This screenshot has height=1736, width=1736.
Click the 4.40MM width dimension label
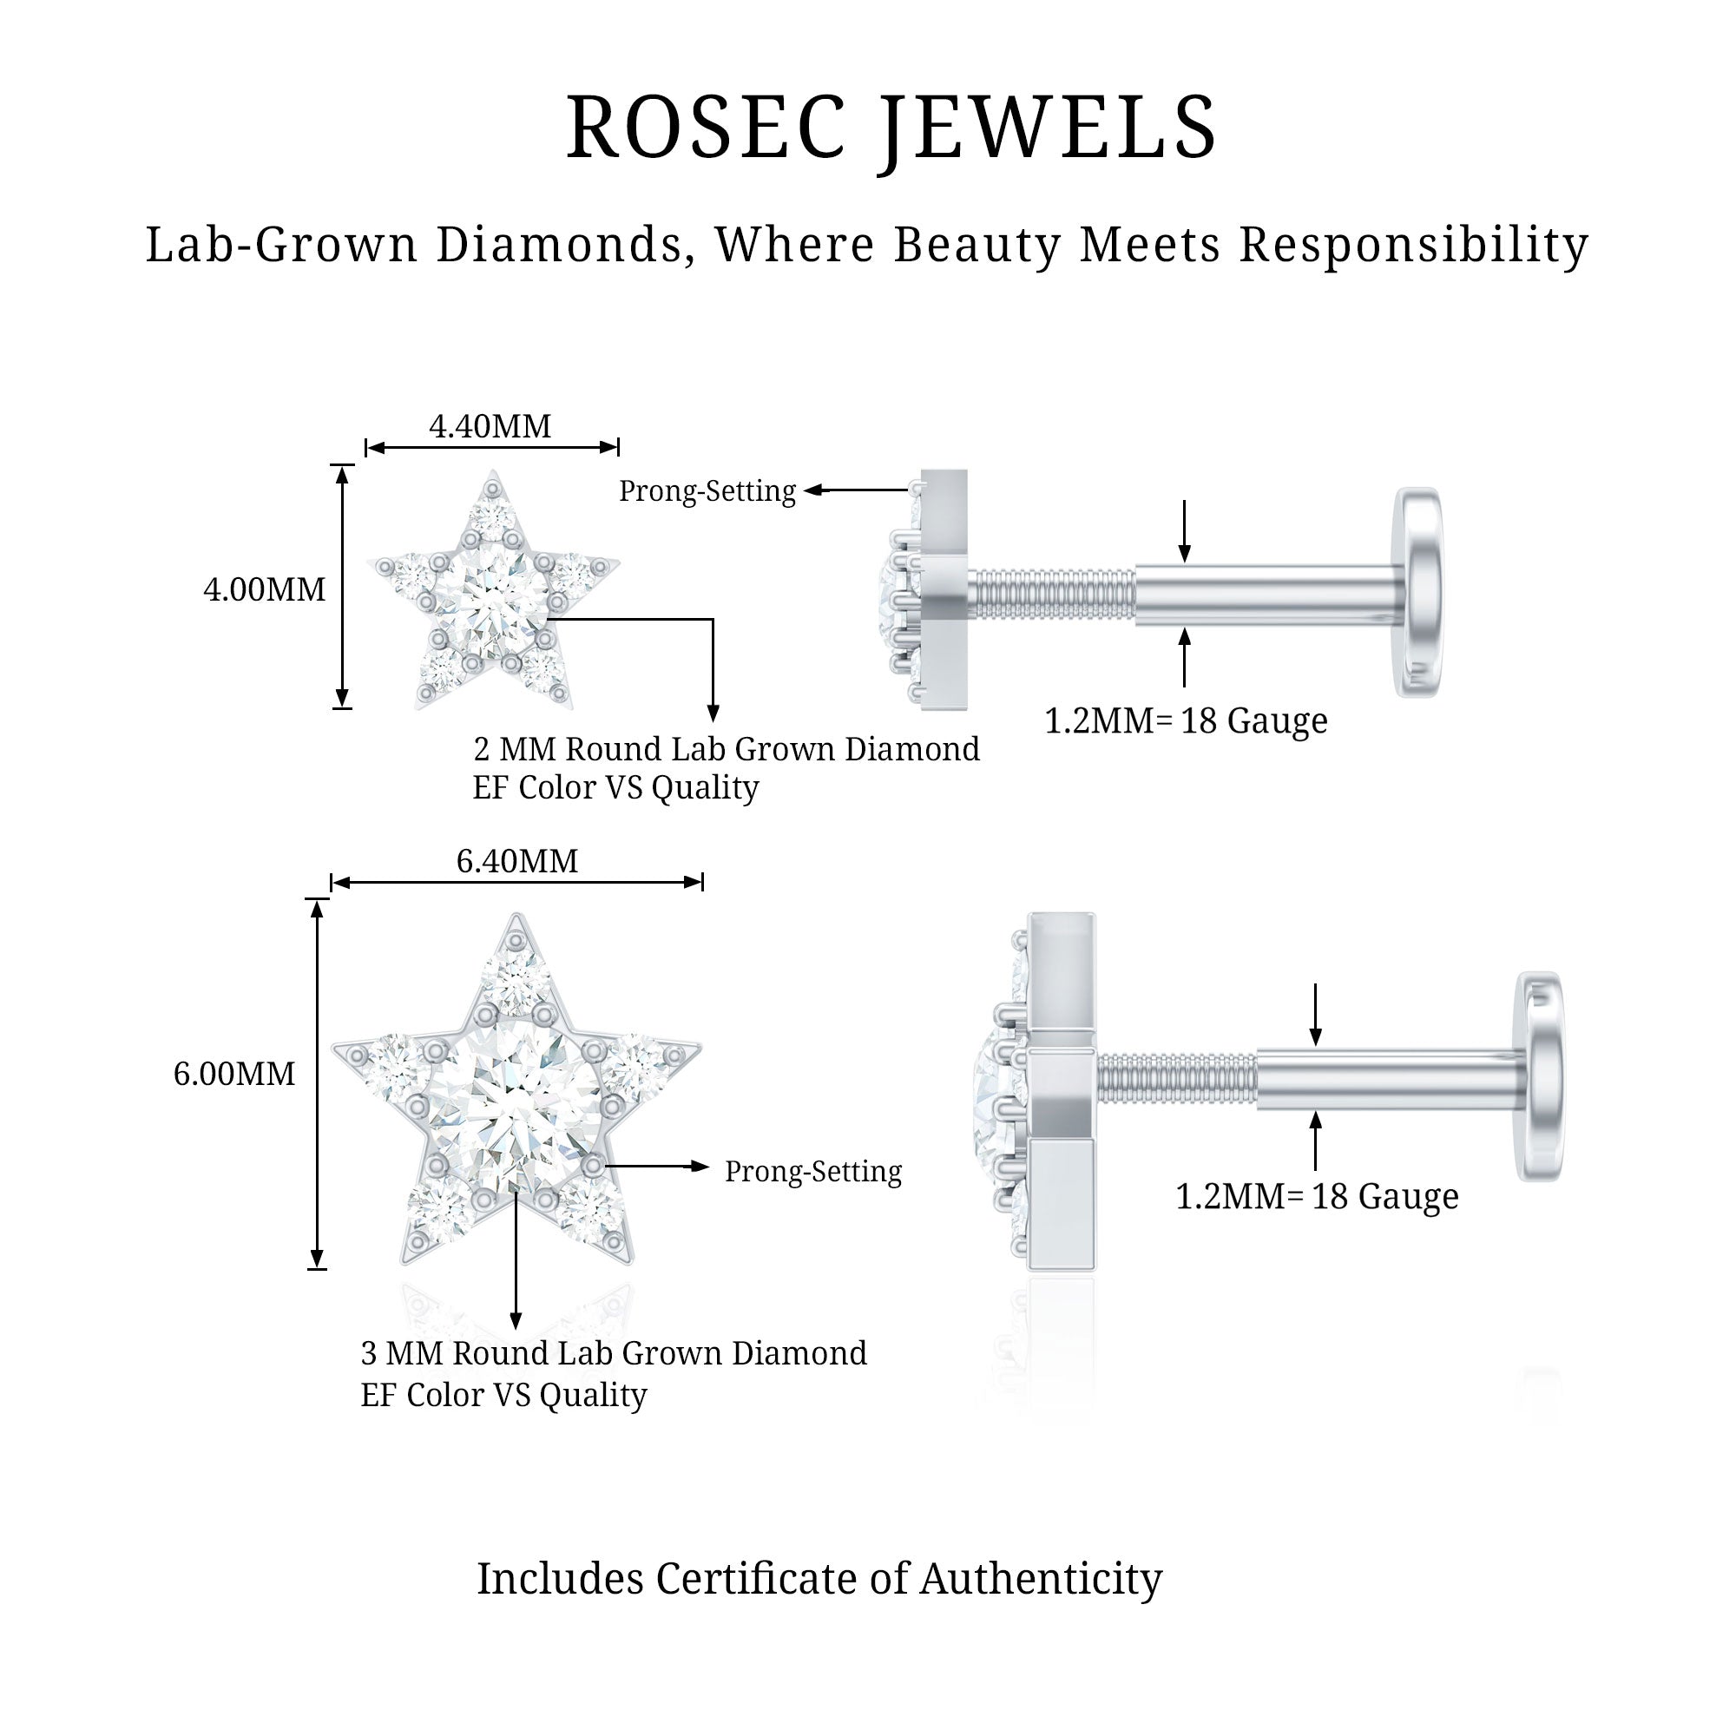tap(490, 426)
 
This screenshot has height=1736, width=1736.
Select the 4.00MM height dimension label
tap(264, 589)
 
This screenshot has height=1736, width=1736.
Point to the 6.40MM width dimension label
tap(516, 861)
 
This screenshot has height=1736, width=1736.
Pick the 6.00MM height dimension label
tap(233, 1074)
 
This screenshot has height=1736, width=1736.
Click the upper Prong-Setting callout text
tap(707, 490)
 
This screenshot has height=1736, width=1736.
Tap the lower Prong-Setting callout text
tap(813, 1171)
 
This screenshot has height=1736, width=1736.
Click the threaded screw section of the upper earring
tap(1051, 594)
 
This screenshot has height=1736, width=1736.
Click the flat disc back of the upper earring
tap(1419, 593)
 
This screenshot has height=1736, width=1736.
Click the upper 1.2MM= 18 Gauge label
tap(1185, 720)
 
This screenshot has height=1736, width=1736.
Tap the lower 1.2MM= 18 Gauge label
tap(1317, 1196)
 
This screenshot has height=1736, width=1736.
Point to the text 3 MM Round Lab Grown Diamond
tap(614, 1353)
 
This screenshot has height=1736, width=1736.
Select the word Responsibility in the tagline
tap(1414, 245)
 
